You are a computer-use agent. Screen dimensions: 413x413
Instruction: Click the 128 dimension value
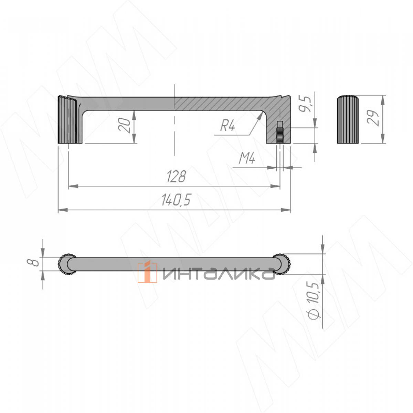[176, 177]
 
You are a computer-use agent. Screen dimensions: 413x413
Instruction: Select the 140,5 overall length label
[176, 200]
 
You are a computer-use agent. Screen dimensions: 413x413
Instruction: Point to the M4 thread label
[247, 159]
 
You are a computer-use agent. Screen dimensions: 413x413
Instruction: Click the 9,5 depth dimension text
[305, 104]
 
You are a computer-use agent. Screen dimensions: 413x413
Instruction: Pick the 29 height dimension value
[373, 118]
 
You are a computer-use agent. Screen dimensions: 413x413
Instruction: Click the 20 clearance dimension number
[124, 125]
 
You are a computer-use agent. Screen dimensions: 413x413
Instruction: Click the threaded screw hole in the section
[280, 132]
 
